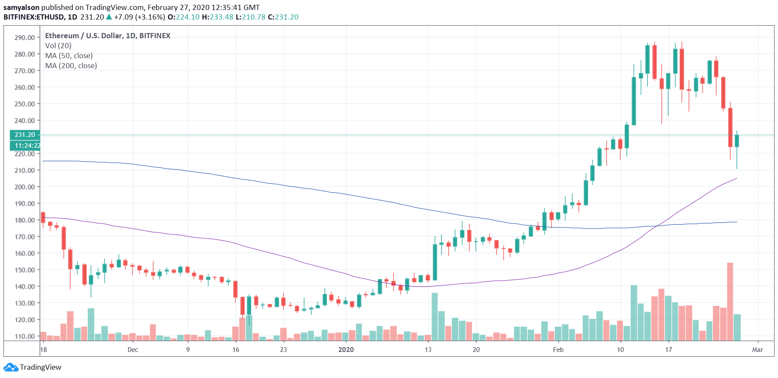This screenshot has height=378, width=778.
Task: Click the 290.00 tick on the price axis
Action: tap(24, 37)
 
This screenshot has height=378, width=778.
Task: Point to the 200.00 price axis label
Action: tap(24, 187)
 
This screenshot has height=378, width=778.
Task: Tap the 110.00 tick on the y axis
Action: tap(24, 336)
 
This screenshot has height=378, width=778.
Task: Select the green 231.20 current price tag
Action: tap(25, 135)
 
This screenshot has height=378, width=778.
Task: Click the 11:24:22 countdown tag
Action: tap(26, 146)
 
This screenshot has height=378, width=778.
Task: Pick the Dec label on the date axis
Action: tap(133, 350)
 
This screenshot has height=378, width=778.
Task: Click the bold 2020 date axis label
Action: tap(346, 350)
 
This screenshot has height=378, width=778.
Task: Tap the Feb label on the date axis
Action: tap(558, 350)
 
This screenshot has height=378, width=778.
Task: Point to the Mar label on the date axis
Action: tap(758, 350)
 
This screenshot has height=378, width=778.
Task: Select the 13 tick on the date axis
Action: tap(428, 350)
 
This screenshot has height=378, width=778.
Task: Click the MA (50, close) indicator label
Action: tap(69, 56)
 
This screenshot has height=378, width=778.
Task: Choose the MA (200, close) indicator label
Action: tap(71, 66)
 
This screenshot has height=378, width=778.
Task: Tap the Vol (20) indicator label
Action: tap(58, 46)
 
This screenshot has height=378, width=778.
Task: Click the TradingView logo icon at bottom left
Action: tap(11, 368)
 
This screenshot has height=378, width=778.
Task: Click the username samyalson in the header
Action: tap(21, 7)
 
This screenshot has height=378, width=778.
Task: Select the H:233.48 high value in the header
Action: tap(218, 17)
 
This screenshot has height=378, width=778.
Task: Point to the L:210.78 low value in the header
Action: tap(251, 17)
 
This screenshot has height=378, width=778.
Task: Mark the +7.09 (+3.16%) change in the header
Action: tap(139, 17)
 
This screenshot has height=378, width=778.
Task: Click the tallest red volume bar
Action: tap(730, 302)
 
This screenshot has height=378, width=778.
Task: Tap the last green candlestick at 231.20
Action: tap(737, 141)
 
